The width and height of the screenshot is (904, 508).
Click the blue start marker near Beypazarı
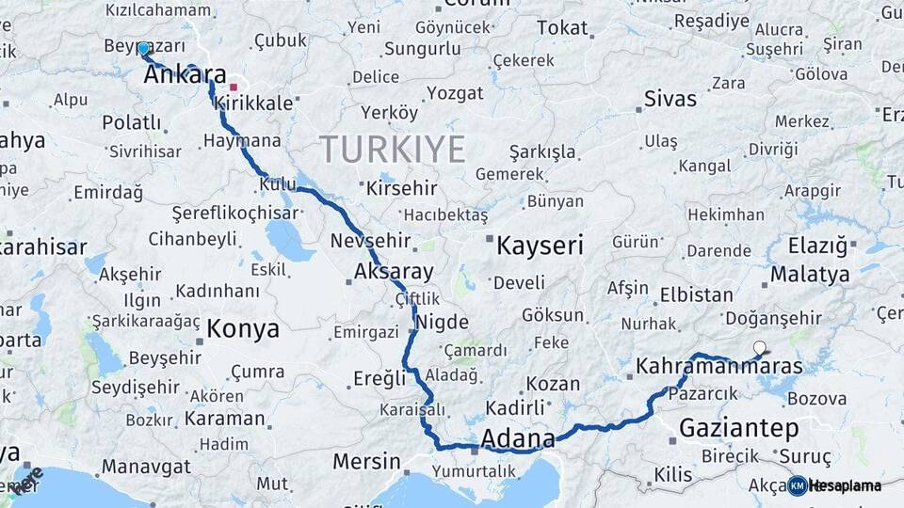pyautogui.click(x=143, y=48)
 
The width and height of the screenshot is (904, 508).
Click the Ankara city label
pyautogui.click(x=185, y=75)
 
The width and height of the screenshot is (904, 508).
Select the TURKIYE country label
pyautogui.click(x=392, y=149)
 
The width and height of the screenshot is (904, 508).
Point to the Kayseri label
pyautogui.click(x=540, y=246)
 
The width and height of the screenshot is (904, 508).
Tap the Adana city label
pyautogui.click(x=517, y=438)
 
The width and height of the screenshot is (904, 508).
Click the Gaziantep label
pyautogui.click(x=738, y=429)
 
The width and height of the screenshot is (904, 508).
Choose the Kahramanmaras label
pyautogui.click(x=718, y=366)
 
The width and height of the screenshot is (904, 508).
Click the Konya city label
pyautogui.click(x=242, y=329)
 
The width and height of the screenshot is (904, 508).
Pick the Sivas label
pyautogui.click(x=670, y=99)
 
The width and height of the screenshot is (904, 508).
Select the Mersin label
pyautogui.click(x=366, y=462)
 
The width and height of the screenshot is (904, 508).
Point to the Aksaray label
pyautogui.click(x=394, y=273)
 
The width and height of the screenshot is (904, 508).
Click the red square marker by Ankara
pyautogui.click(x=233, y=87)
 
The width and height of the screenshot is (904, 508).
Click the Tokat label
pyautogui.click(x=561, y=28)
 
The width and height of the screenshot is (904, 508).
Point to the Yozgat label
pyautogui.click(x=454, y=92)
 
